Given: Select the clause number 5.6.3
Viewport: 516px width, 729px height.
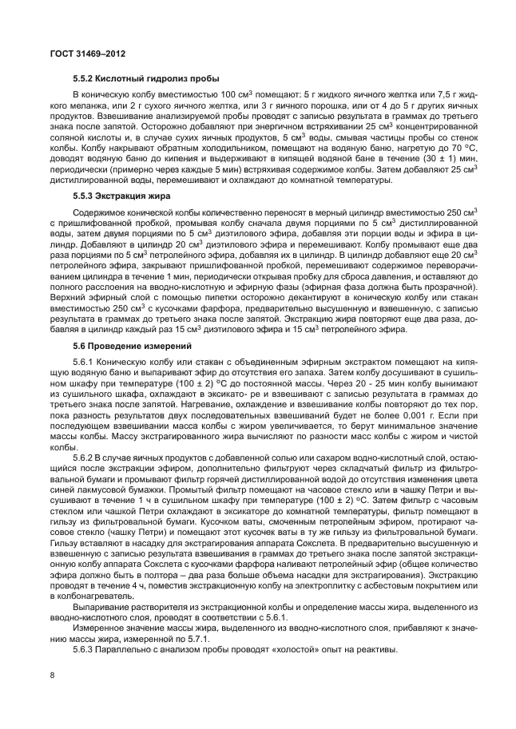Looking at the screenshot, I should [83, 648].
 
